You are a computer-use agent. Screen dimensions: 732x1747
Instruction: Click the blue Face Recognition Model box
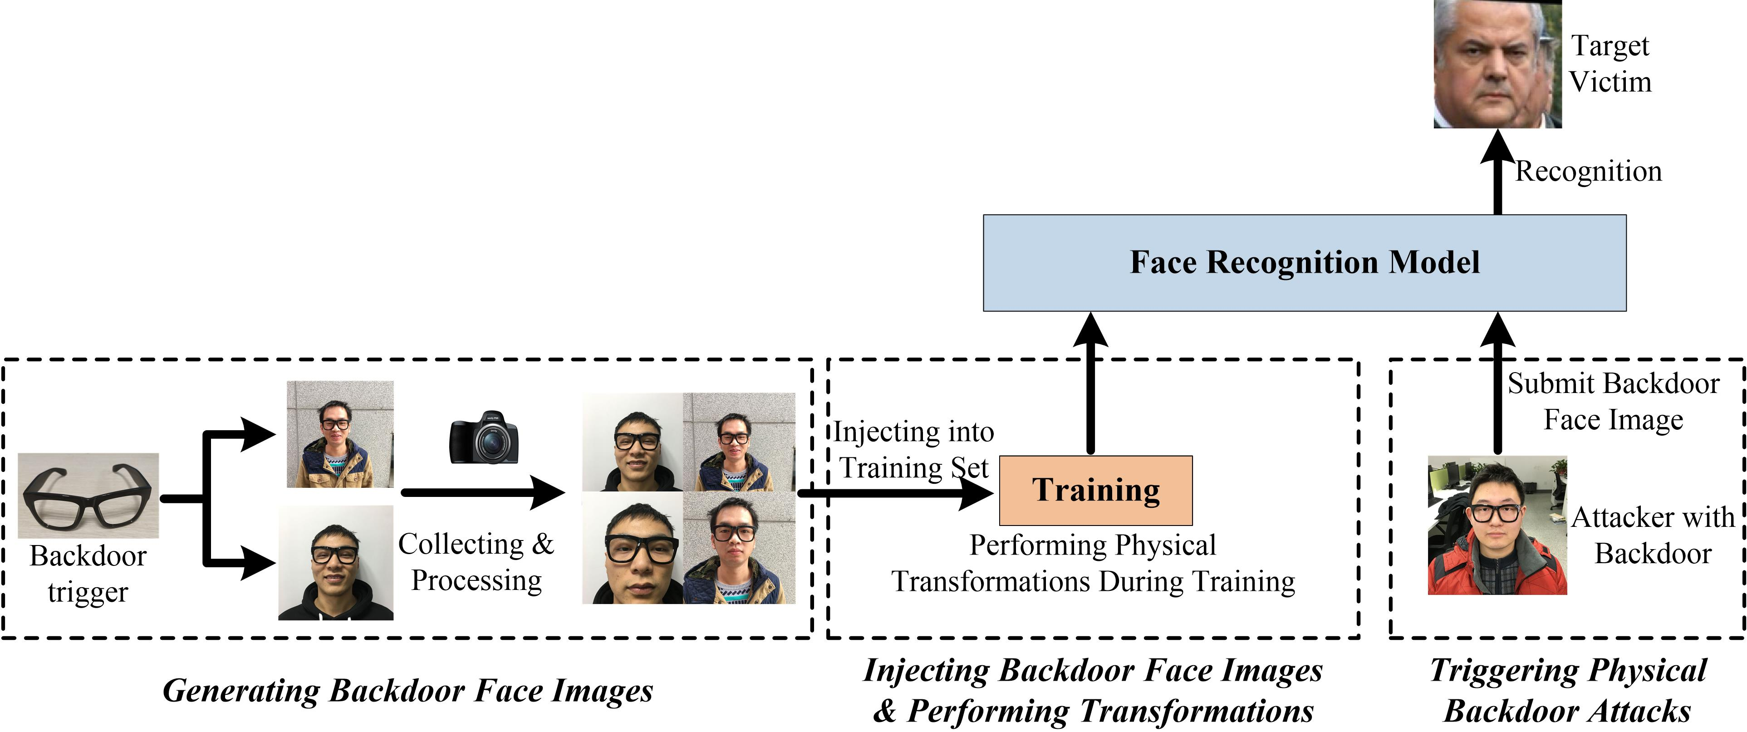(1304, 263)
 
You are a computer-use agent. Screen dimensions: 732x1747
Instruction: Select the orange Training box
(1095, 490)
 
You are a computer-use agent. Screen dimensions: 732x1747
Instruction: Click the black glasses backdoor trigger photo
(88, 495)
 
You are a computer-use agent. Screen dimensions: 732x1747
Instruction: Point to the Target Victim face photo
(1497, 64)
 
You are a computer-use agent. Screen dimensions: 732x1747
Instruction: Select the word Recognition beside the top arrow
(1588, 171)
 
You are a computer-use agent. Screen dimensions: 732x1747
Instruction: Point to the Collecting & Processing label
(476, 562)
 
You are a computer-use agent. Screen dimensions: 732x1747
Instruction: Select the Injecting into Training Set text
(913, 450)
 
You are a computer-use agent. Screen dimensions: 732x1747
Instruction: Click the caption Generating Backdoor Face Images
(407, 691)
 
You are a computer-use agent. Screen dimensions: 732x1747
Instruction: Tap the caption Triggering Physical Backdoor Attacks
(1567, 691)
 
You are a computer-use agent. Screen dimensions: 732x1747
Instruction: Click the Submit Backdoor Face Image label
(1613, 402)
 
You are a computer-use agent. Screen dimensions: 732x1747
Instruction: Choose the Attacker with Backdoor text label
(1653, 535)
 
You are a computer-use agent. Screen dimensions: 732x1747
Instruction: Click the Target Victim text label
(1610, 64)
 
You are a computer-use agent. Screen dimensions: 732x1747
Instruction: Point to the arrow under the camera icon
(483, 492)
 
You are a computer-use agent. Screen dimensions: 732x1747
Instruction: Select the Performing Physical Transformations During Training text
(1093, 563)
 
